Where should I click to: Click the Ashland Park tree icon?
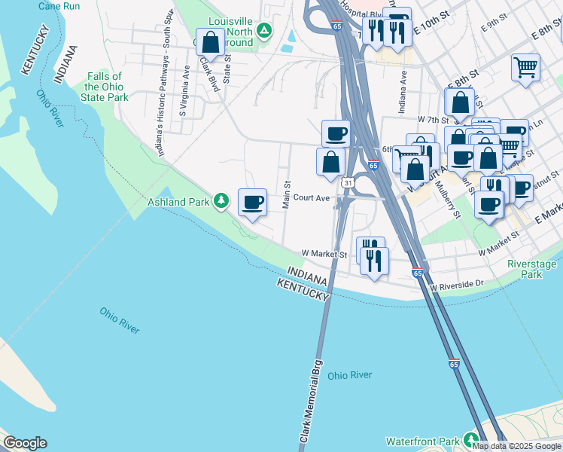pos(221,200)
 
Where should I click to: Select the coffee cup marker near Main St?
pos(253,202)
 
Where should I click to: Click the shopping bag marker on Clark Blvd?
pos(211,42)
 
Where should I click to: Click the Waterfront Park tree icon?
pos(472,438)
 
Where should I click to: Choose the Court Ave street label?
pos(312,198)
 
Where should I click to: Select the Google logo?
pos(24,443)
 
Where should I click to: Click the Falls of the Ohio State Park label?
pos(104,88)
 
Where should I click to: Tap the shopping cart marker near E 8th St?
pos(525,66)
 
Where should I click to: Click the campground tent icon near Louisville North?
pos(263,31)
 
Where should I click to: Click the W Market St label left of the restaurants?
pos(324,255)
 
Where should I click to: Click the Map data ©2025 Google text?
pos(516,446)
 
